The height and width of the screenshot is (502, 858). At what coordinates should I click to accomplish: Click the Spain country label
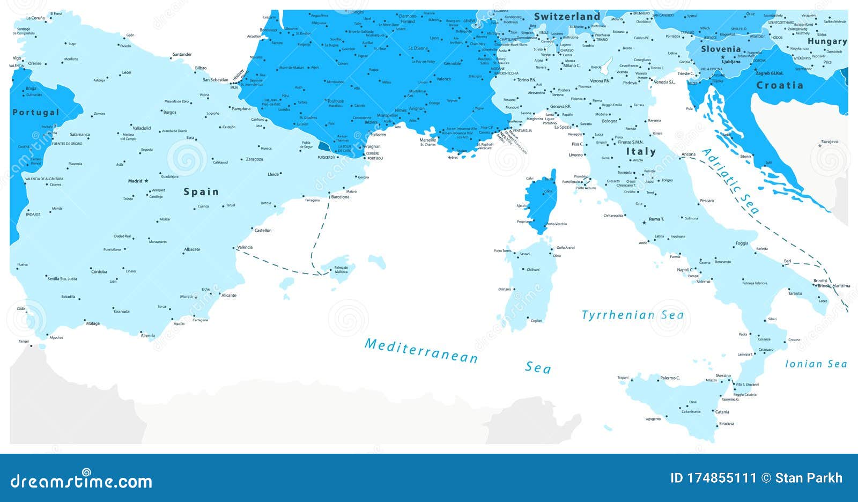coord(201,191)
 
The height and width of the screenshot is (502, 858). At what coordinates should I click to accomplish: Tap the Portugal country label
coord(35,112)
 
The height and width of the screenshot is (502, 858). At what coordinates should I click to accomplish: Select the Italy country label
coord(641,152)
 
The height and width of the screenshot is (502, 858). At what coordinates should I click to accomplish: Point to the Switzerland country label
coord(567,17)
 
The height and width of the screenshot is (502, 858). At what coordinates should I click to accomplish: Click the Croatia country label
coord(780,85)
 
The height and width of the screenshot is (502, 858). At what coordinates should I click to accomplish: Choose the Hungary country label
coord(827,41)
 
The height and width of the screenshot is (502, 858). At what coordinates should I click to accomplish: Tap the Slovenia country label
coord(721,49)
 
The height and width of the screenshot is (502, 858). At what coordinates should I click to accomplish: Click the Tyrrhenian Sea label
coord(633,315)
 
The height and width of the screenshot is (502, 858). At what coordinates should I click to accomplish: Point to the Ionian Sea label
coord(816,364)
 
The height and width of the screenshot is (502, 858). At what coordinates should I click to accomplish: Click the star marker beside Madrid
coord(146,181)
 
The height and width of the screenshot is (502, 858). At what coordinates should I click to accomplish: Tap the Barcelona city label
coord(341,197)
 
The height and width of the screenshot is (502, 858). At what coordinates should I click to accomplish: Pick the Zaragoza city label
coord(254,159)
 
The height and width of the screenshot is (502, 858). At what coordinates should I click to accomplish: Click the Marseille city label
coord(428,140)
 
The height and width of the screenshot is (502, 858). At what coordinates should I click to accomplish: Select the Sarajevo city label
coord(829,142)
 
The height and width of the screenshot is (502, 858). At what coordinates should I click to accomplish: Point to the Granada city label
coord(122,312)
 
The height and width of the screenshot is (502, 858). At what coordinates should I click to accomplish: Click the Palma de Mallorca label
coord(341,270)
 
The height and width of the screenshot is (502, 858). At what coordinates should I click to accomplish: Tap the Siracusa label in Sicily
coord(727,424)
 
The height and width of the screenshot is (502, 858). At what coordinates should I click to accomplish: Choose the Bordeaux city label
coord(269,30)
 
